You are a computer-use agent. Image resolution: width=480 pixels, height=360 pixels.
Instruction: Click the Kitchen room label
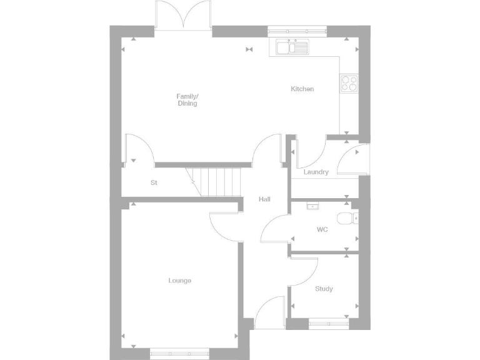(x=302, y=89)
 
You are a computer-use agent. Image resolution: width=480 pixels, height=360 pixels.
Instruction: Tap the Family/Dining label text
(x=187, y=100)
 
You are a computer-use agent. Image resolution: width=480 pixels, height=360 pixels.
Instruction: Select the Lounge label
(x=179, y=281)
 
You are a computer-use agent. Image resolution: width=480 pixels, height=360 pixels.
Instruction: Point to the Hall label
(x=264, y=199)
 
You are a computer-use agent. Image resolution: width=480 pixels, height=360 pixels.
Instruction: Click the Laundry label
(x=316, y=172)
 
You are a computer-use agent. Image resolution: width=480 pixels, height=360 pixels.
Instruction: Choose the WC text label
(x=322, y=230)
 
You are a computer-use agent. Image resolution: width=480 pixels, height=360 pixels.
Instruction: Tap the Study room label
(x=324, y=289)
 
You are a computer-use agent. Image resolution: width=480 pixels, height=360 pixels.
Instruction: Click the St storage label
(x=153, y=183)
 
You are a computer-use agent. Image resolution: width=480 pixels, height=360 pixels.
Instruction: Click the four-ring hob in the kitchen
(x=349, y=83)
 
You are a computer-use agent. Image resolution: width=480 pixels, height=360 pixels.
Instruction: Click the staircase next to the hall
(x=216, y=182)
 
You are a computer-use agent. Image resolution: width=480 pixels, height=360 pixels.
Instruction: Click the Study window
(x=329, y=324)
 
